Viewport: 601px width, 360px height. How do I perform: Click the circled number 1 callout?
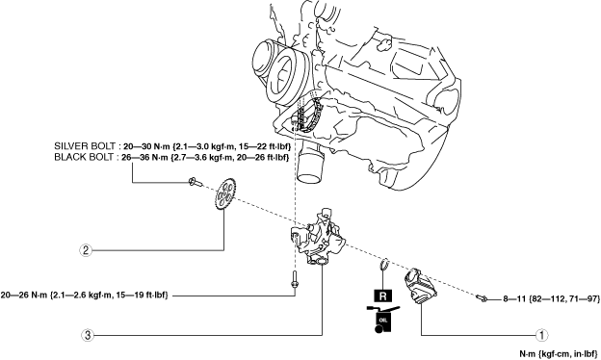(541, 335)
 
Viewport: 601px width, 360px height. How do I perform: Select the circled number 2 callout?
(86, 250)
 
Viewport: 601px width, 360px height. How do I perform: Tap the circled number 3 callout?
(88, 336)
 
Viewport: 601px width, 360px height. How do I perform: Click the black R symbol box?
(382, 296)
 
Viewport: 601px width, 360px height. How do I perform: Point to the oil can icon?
(382, 319)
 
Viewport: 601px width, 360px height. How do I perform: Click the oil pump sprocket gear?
(224, 194)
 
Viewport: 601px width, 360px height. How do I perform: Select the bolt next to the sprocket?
(196, 182)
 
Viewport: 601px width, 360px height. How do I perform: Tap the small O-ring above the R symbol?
(384, 265)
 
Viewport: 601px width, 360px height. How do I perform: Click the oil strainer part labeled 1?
(421, 287)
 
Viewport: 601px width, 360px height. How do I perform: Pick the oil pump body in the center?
(319, 238)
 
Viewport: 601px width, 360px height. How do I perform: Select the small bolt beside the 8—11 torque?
(482, 297)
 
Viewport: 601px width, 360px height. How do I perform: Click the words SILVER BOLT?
(85, 146)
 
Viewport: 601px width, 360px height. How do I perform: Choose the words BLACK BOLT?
(84, 157)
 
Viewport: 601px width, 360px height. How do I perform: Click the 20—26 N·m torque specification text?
(85, 296)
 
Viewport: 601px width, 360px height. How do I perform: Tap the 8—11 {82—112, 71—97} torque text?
(552, 298)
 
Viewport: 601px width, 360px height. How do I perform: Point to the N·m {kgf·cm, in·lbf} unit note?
(559, 354)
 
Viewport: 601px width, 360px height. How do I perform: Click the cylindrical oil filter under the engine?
(310, 163)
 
